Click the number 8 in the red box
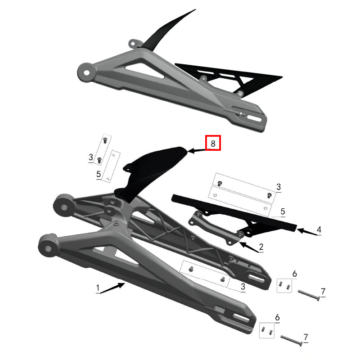pos(213,144)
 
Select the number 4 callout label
pos(319,230)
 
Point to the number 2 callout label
pos(261,247)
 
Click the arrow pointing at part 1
pos(112,288)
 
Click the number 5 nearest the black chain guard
pos(283,211)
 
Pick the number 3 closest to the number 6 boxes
pos(243,287)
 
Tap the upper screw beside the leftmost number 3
pos(104,140)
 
